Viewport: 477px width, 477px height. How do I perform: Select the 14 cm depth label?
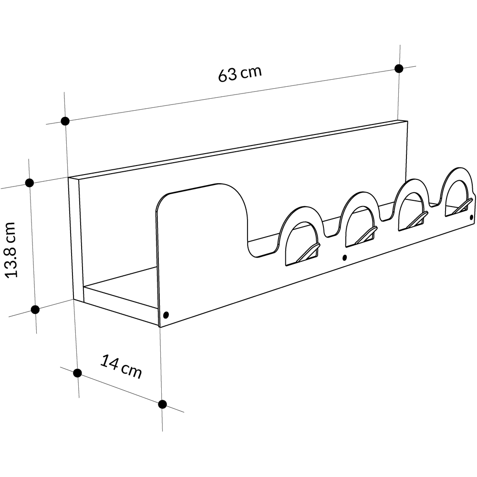pos(121,366)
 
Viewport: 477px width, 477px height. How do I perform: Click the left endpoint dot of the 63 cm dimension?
pos(65,121)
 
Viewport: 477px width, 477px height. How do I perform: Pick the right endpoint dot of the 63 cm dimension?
pos(399,69)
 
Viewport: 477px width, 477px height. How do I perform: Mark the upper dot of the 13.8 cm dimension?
pos(30,183)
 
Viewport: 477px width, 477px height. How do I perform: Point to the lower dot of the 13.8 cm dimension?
pos(35,310)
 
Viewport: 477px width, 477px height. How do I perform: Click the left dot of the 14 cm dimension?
pos(78,373)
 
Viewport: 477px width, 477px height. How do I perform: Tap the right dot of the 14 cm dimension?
pos(163,404)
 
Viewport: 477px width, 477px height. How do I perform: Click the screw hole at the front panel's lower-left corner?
pos(166,314)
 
